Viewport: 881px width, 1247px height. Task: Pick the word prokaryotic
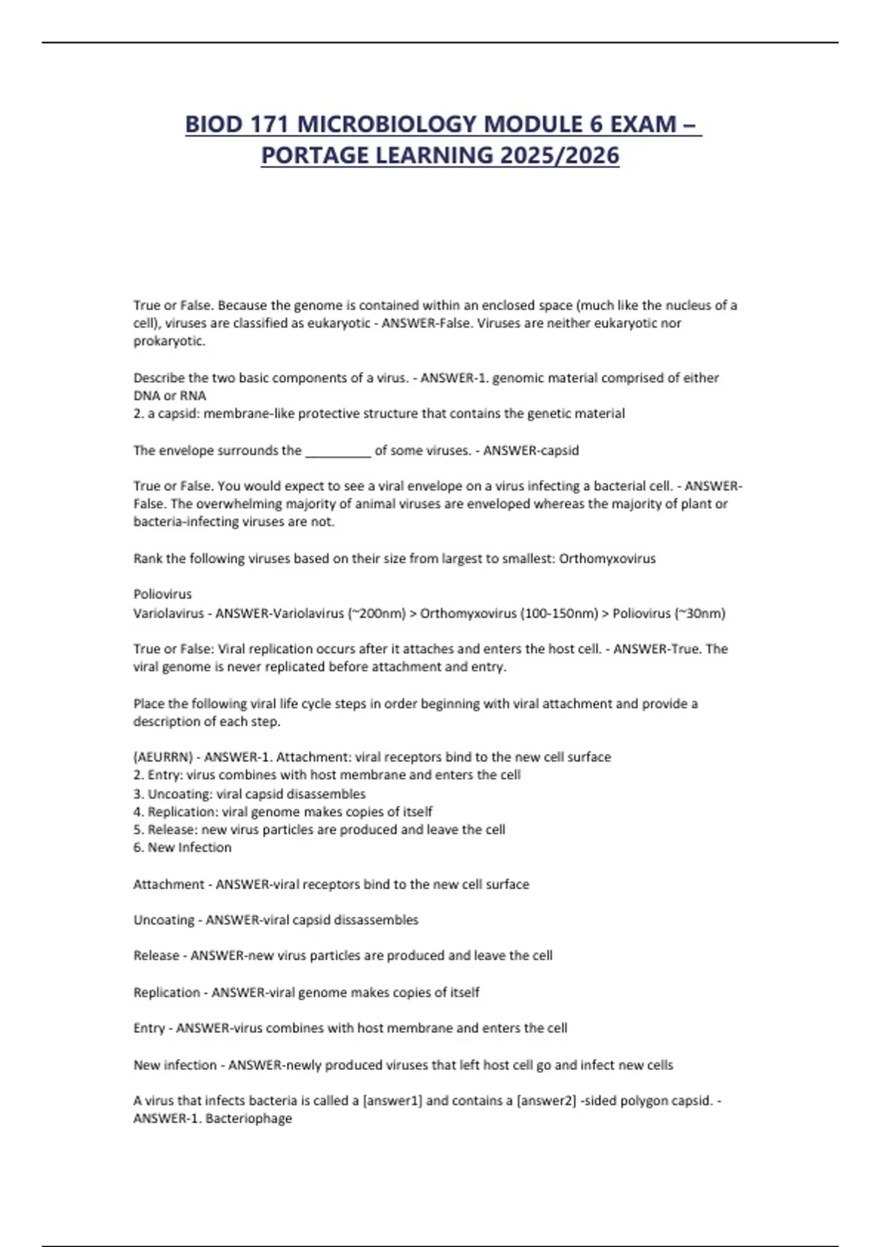(169, 341)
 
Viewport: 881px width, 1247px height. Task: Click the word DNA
(147, 395)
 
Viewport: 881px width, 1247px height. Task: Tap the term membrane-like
(239, 414)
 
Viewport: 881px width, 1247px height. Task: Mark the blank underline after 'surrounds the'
(338, 450)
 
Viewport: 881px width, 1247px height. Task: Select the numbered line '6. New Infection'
(182, 848)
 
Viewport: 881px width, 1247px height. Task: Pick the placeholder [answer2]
(546, 1101)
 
